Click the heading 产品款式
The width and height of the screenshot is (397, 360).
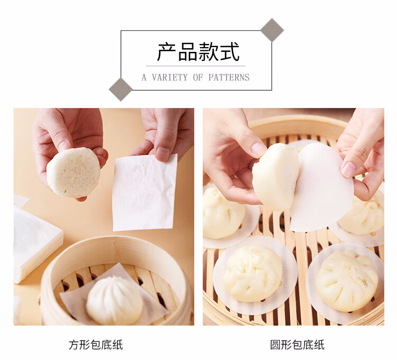click(x=198, y=52)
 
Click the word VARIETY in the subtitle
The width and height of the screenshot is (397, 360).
click(x=169, y=77)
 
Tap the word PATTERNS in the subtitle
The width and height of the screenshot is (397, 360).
click(x=229, y=77)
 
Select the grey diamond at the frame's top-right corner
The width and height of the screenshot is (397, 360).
click(x=272, y=30)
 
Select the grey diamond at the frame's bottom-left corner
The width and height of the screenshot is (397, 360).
click(x=121, y=89)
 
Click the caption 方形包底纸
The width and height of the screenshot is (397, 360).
click(x=96, y=345)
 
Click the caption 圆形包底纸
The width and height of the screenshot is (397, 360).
click(x=297, y=345)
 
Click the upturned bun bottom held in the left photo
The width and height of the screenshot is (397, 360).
click(x=74, y=173)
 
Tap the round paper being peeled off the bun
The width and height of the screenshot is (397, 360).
click(x=321, y=187)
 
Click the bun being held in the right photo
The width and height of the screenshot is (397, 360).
click(x=275, y=177)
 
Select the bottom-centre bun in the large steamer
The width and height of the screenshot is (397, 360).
click(x=253, y=273)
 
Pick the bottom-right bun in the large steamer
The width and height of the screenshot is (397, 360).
click(x=347, y=281)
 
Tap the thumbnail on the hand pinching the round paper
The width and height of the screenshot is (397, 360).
click(x=349, y=169)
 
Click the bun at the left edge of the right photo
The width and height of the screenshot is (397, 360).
click(x=223, y=213)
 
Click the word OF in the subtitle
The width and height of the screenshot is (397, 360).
click(x=198, y=77)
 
